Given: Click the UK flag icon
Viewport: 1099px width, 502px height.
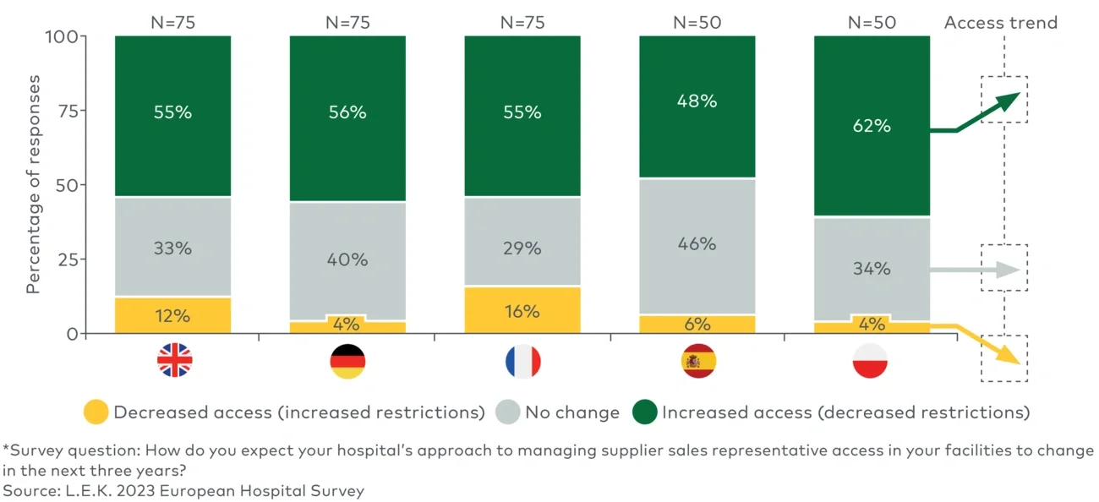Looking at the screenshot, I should [174, 361].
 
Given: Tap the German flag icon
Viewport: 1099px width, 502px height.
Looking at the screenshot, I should [347, 361].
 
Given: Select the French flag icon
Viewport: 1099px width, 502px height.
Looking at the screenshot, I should [522, 361].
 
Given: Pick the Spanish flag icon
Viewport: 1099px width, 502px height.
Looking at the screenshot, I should [697, 361].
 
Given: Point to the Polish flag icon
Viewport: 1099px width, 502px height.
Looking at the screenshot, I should [872, 361].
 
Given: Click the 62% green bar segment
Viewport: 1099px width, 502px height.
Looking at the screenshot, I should [872, 126].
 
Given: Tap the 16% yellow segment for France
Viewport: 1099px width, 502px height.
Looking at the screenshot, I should [522, 310].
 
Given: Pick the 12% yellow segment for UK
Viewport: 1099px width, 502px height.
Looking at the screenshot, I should [173, 315].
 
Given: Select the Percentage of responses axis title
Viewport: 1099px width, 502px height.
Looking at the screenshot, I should [33, 184].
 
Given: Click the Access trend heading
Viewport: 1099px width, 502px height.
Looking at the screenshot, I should [1001, 23].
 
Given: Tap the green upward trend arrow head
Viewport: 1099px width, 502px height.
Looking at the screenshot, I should [1010, 100].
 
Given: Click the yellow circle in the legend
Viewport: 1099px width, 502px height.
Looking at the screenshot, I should [96, 412].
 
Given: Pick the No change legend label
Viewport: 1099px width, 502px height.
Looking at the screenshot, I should [572, 412].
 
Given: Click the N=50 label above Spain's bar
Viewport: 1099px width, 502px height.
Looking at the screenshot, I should [697, 23].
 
